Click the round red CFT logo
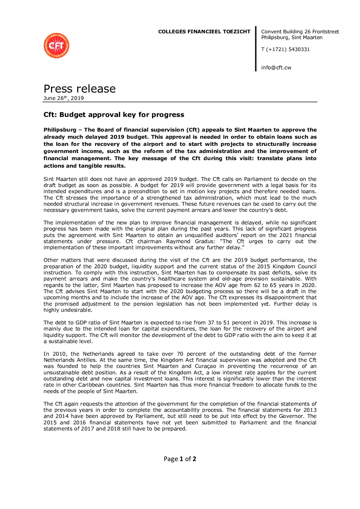(x=56, y=46)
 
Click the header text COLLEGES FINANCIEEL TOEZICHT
(x=204, y=32)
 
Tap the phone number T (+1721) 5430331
(x=285, y=49)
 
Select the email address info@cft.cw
(x=276, y=67)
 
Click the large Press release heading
(x=80, y=88)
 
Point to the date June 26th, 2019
(x=64, y=98)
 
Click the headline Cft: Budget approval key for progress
(x=114, y=115)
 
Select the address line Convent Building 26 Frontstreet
(x=300, y=32)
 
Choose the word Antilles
(x=85, y=360)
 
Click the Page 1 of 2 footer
(x=180, y=459)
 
